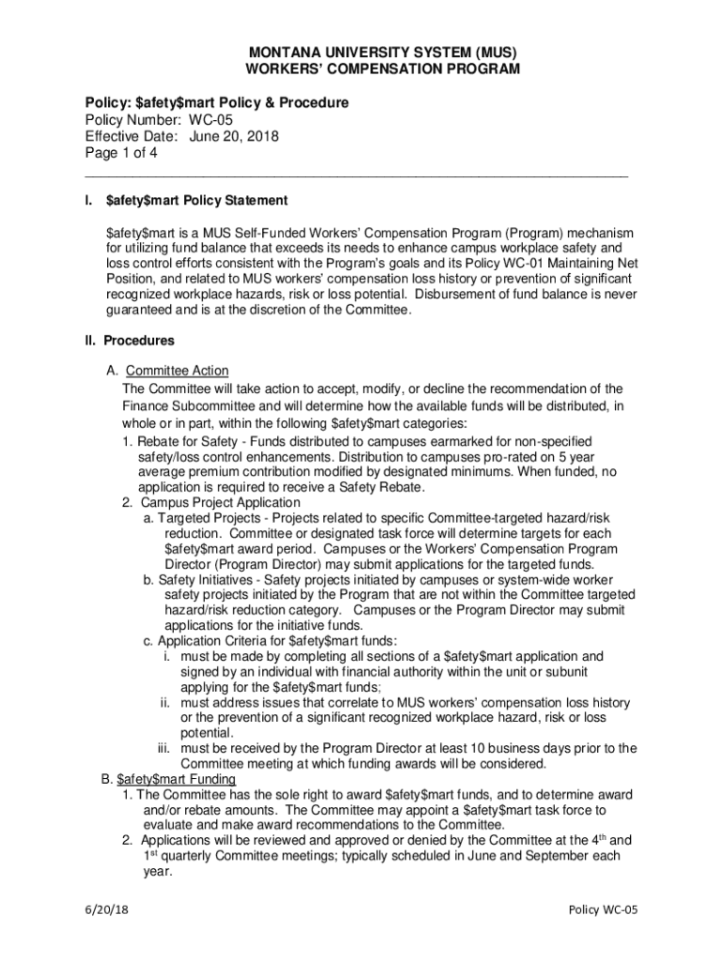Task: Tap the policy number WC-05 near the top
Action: [210, 119]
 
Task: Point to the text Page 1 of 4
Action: [121, 153]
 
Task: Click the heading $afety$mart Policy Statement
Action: [196, 201]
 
